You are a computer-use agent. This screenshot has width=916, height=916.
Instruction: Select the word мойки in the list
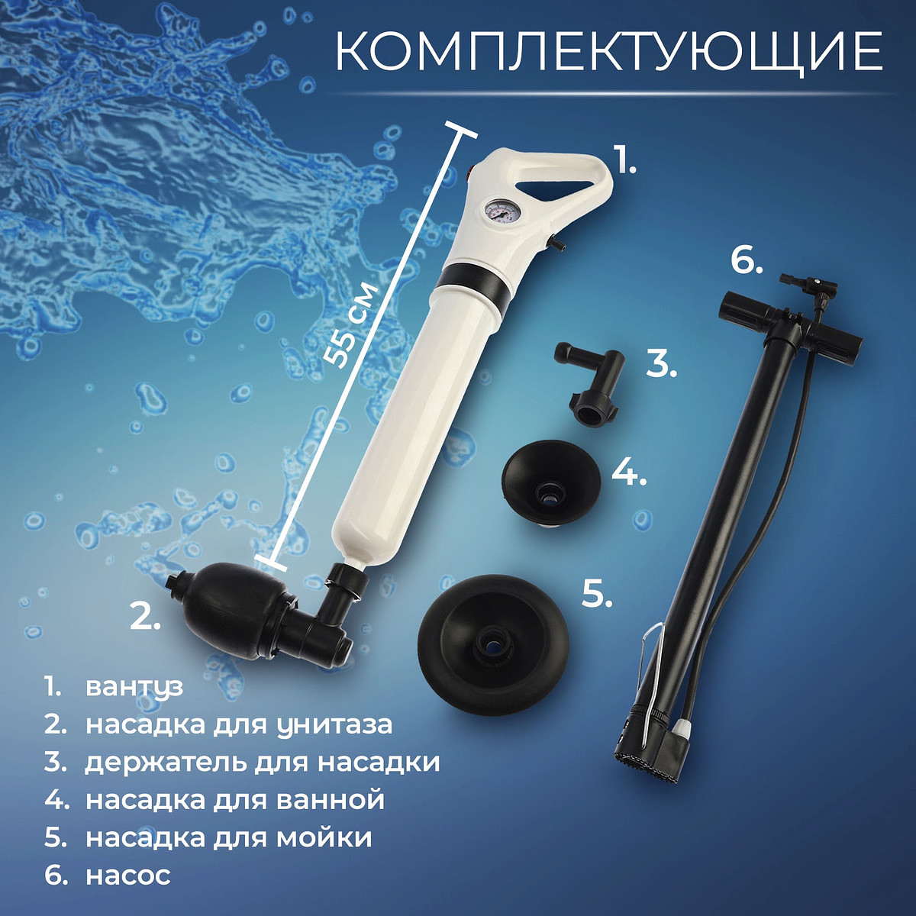(324, 836)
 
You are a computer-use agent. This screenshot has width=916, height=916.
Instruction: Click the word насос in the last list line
(128, 875)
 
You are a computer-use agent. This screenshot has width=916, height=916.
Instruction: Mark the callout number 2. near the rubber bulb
(145, 616)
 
